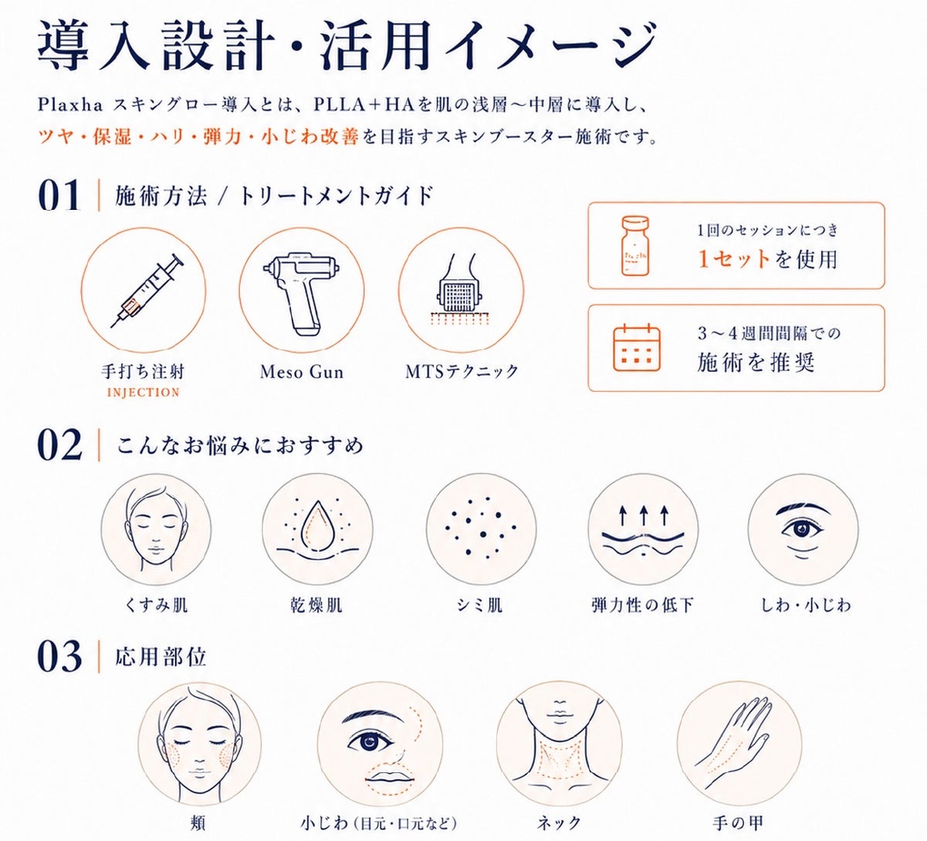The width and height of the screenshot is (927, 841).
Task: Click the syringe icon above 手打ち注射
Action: point(144,291)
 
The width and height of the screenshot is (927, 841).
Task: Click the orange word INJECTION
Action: point(144,392)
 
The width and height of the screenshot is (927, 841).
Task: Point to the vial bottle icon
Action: point(635,246)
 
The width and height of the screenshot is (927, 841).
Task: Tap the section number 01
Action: point(59,195)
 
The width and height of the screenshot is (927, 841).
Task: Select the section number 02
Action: point(59,444)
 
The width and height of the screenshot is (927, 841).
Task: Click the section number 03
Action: point(59,657)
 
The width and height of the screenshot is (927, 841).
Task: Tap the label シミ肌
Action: point(479,605)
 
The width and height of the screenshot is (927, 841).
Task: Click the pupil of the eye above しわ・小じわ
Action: point(801,529)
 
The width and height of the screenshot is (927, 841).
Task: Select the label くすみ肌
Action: point(156,605)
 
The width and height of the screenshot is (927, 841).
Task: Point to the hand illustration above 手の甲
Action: point(734,743)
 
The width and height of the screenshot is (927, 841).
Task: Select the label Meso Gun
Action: point(302,372)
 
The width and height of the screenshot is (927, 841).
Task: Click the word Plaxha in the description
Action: point(69,106)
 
